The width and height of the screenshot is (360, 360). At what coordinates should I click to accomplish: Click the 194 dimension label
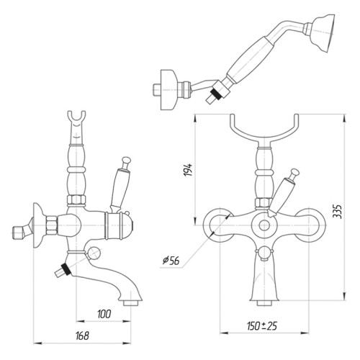[189, 170]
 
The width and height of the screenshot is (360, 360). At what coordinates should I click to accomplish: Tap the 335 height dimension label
[338, 212]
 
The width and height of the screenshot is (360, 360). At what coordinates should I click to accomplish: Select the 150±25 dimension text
[262, 326]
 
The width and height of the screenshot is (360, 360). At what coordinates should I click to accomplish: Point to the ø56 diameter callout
[171, 261]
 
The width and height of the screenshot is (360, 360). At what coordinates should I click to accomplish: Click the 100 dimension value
[104, 314]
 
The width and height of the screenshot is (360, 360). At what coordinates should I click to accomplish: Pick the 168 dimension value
[82, 336]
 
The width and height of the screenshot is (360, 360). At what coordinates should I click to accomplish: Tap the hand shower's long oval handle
[250, 60]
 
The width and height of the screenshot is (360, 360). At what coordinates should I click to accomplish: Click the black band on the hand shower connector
[215, 93]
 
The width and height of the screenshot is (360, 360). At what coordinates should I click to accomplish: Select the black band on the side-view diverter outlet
[66, 269]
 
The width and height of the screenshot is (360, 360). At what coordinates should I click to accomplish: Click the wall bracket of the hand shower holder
[169, 90]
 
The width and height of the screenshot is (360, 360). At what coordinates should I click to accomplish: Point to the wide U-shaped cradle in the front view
[264, 127]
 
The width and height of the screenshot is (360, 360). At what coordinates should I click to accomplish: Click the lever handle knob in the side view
[126, 160]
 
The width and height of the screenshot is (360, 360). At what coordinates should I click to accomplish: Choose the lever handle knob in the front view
[294, 173]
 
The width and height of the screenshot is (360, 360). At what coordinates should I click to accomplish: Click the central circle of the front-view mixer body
[264, 225]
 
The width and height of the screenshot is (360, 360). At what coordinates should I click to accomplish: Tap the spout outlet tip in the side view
[131, 303]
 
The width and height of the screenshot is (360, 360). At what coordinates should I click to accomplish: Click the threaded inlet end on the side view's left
[17, 233]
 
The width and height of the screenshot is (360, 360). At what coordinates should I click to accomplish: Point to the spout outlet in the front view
[264, 303]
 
